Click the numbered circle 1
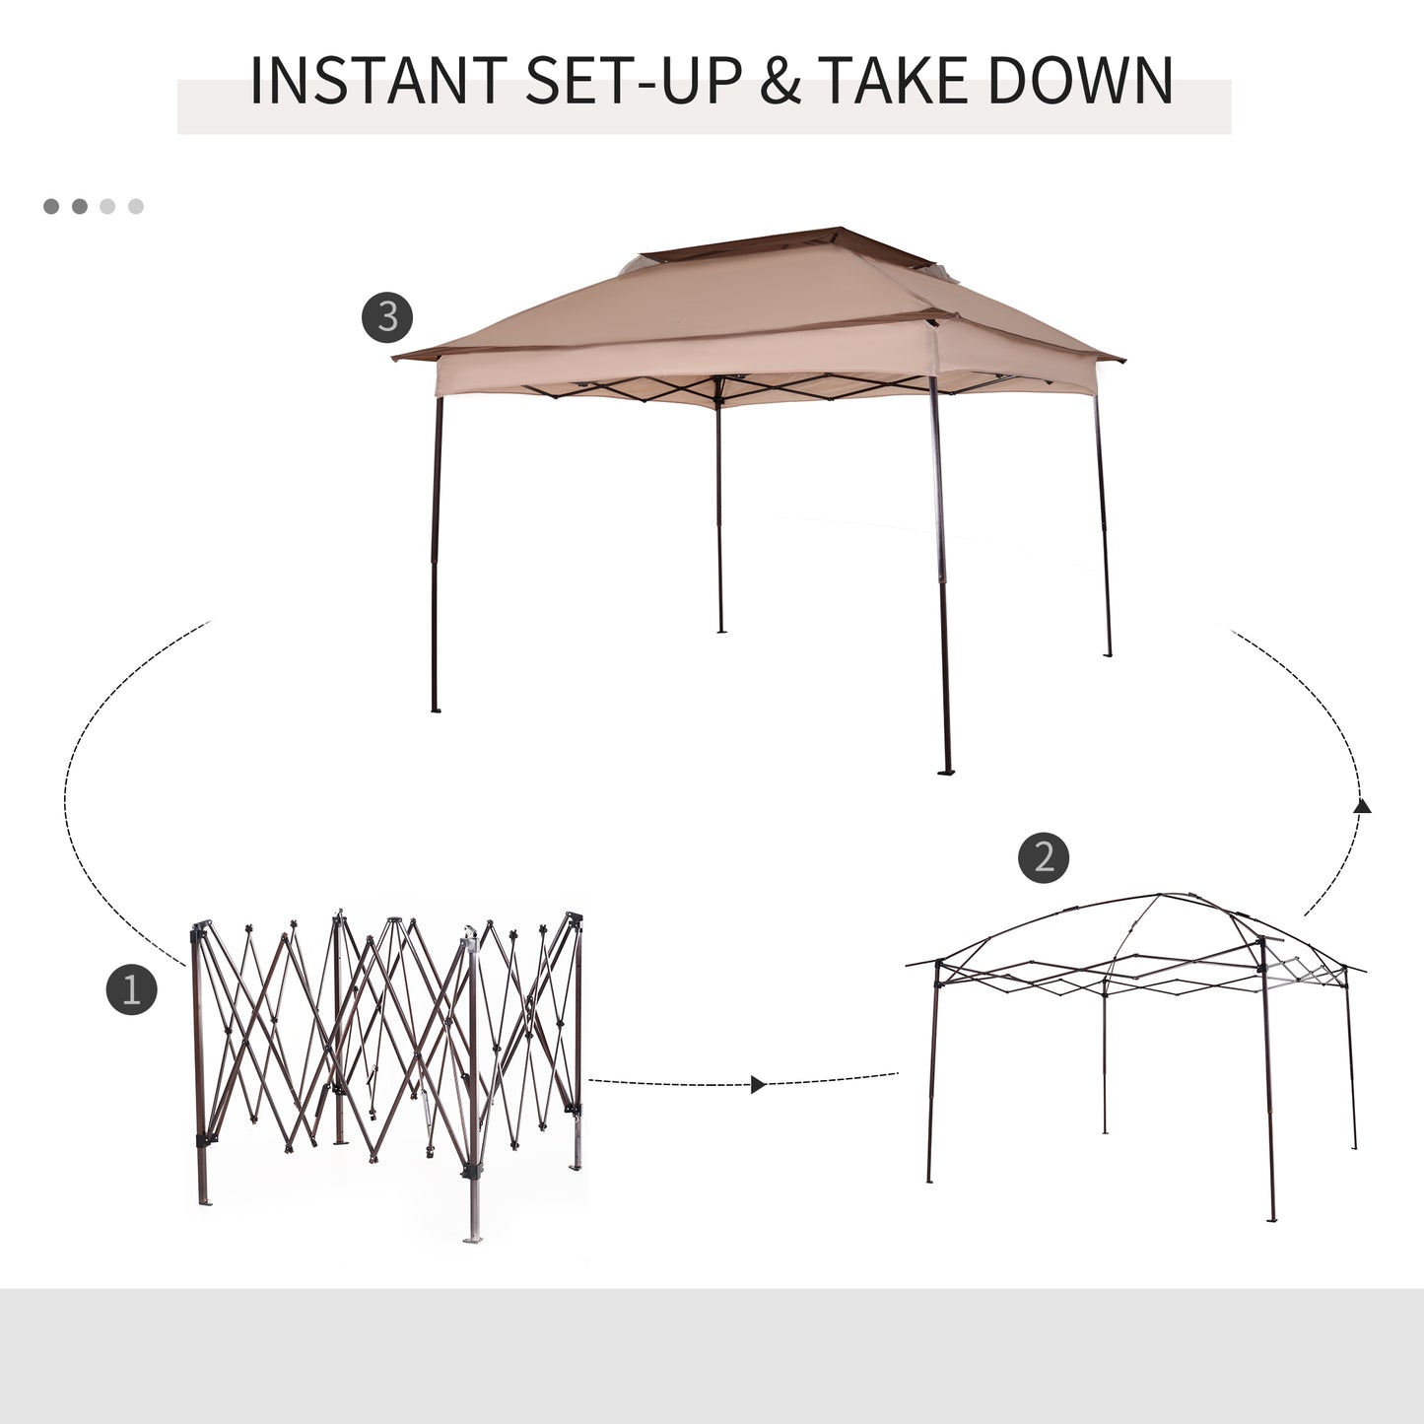(131, 988)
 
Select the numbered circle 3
(387, 317)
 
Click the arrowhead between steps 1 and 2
(757, 1084)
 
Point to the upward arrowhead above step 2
(1362, 806)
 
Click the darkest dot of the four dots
(51, 206)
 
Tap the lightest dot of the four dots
(136, 206)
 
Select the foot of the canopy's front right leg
(946, 772)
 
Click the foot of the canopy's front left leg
(435, 709)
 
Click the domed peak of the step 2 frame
(1163, 898)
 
